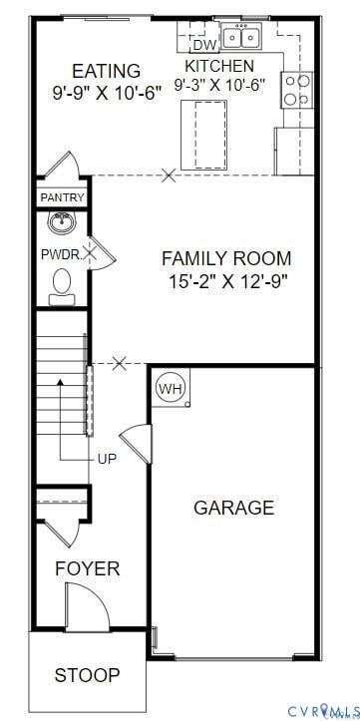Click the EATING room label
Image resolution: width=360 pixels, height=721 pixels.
106,71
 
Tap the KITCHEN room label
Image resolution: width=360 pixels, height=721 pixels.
219,66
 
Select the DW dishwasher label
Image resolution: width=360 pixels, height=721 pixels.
203,45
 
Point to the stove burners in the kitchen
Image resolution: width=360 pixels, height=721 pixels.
295,90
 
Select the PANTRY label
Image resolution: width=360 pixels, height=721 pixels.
62,198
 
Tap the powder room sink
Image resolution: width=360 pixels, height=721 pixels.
63,221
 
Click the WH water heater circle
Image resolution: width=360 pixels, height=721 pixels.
171,389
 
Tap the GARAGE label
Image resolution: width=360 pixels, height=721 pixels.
233,508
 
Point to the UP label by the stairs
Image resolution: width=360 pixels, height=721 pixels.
108,459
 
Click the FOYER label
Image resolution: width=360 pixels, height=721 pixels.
87,568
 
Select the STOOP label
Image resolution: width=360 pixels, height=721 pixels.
87,675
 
